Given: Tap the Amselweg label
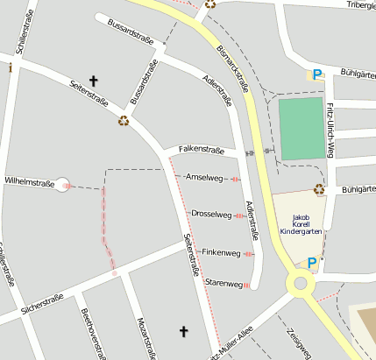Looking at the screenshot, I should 204,177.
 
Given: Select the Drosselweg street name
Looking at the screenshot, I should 211,214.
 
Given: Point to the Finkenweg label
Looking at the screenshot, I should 221,252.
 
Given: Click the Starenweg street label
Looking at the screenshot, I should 223,284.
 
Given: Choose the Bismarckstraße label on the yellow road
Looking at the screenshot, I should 231,69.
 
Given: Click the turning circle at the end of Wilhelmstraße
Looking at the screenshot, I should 61,184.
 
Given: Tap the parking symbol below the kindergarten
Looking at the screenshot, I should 311,262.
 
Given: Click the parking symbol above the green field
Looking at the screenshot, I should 317,75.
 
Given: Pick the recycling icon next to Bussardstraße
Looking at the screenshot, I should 124,121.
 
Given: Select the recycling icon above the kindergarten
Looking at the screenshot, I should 319,188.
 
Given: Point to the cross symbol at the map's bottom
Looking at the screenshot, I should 184,331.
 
